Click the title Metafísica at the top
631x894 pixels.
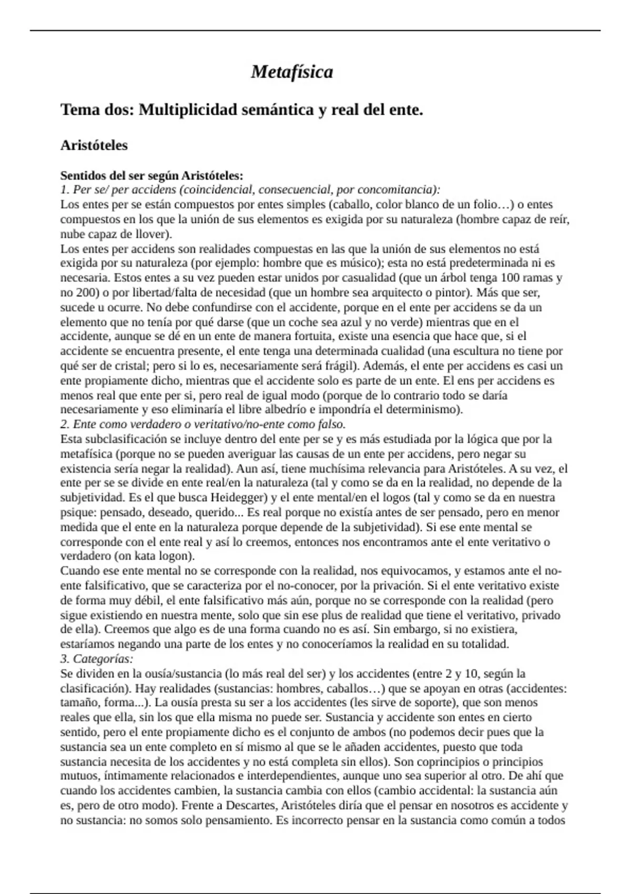click(x=292, y=72)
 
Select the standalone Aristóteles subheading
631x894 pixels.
click(x=94, y=146)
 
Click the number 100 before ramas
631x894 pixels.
click(x=511, y=278)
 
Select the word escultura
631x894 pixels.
click(x=490, y=351)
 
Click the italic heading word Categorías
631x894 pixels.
click(x=103, y=659)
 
